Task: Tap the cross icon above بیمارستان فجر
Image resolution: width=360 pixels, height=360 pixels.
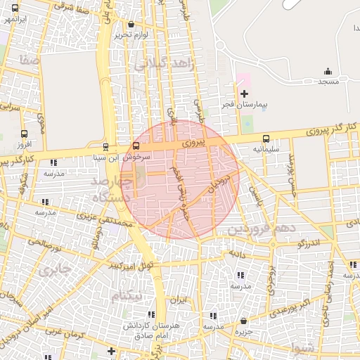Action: [244, 94]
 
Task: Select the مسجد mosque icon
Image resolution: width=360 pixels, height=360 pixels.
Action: [328, 71]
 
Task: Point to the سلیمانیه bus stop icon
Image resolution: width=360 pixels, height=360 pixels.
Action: [266, 139]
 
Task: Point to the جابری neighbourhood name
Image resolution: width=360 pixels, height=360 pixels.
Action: [53, 269]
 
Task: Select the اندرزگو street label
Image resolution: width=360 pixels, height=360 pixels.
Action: [307, 243]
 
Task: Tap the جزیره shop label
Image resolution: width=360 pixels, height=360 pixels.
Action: [243, 330]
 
